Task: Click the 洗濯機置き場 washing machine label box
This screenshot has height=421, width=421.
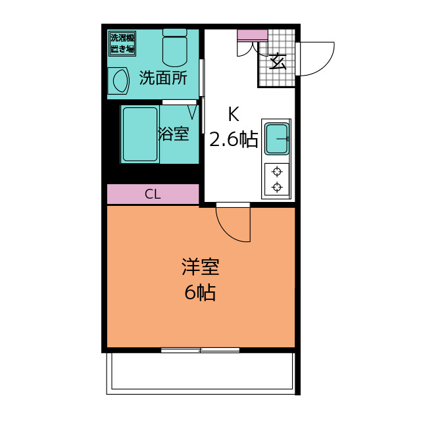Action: [x=122, y=43]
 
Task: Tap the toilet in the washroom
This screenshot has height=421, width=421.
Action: [x=175, y=48]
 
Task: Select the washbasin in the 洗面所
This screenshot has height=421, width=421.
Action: [x=118, y=81]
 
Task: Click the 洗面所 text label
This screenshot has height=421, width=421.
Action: [x=163, y=78]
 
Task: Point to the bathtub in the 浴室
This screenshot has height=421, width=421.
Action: [x=140, y=134]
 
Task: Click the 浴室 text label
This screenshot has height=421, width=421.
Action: [x=174, y=134]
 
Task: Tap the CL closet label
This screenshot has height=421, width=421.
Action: [x=153, y=194]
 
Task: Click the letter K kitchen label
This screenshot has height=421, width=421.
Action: [x=234, y=114]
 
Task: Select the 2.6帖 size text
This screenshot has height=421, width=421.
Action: [x=234, y=139]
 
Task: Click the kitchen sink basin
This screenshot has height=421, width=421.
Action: [x=276, y=139]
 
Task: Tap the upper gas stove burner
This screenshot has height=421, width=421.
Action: [x=277, y=171]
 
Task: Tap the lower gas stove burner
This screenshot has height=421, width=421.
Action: [x=277, y=187]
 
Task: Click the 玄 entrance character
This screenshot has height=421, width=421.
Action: [x=278, y=61]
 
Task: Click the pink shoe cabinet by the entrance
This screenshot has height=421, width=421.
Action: [x=253, y=35]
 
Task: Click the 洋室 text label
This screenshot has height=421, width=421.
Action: [x=201, y=267]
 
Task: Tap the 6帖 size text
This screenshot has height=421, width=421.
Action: [x=200, y=292]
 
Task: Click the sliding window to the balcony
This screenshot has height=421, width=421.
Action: [x=200, y=350]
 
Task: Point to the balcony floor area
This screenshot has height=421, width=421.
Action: [x=202, y=371]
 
